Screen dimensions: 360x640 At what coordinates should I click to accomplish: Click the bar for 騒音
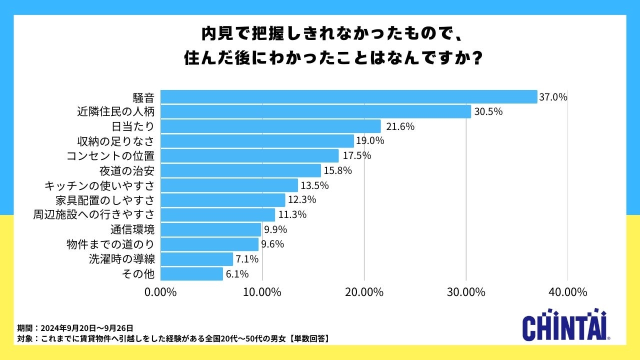point(348,96)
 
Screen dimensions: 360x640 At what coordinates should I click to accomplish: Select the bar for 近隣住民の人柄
point(315,111)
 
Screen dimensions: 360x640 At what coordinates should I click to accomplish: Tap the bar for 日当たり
point(270,126)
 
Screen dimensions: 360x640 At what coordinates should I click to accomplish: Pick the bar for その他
point(191,274)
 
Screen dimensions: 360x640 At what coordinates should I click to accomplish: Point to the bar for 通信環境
point(210,229)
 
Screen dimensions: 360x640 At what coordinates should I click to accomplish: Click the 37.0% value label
point(553,97)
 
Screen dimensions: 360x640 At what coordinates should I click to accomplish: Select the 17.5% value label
point(356,155)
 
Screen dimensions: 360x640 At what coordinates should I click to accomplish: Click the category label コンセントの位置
point(110,155)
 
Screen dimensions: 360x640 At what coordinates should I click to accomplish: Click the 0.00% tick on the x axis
point(160,292)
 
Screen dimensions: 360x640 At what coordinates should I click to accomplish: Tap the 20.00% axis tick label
point(364,292)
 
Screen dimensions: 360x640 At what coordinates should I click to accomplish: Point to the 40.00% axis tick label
point(567,292)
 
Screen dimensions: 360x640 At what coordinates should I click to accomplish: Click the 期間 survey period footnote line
point(75,328)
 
